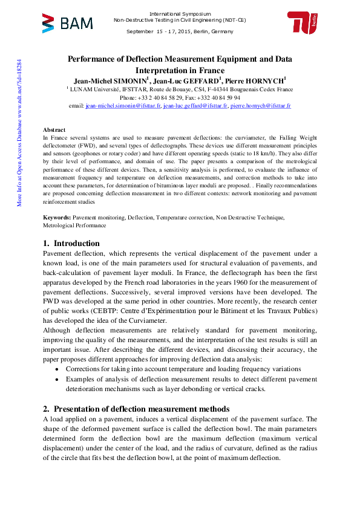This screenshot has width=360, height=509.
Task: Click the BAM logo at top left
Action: (x=67, y=24)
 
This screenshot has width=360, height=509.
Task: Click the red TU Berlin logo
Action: (x=303, y=24)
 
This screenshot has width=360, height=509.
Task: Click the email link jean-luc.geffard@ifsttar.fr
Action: (x=187, y=105)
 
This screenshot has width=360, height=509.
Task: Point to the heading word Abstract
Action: (x=54, y=130)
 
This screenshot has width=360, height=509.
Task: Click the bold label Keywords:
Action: (x=57, y=217)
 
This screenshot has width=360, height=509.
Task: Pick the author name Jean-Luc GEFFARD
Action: (x=188, y=80)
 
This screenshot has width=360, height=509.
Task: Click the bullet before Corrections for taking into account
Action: (x=57, y=369)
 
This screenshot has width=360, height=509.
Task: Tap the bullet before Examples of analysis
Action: (x=57, y=379)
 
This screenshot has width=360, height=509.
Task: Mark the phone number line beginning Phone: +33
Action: (x=180, y=97)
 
